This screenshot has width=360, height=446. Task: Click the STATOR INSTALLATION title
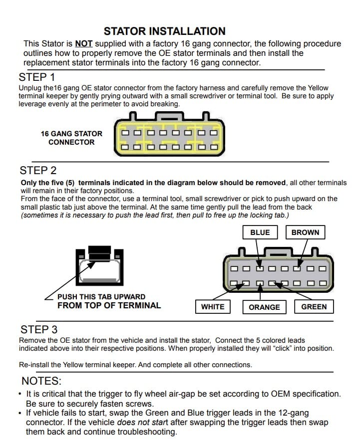164,31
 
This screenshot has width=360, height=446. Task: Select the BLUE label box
260,232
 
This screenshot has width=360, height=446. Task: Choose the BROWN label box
305,232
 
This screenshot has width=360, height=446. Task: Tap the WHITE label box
213,307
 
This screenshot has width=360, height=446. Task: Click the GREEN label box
314,307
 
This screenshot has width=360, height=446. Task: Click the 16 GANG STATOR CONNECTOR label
71,138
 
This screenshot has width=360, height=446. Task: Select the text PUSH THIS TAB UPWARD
101,297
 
